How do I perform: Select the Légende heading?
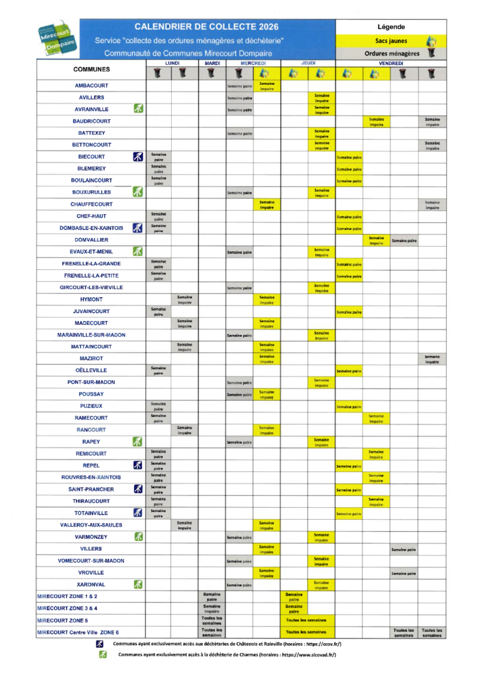(390, 27)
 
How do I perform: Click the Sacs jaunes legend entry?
(390, 40)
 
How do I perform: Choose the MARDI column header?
(212, 63)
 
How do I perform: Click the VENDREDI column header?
(390, 63)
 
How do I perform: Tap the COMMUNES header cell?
(91, 69)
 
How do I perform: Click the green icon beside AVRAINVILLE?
(138, 109)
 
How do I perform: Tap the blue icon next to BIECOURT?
(138, 156)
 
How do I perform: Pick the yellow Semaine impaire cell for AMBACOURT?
(267, 86)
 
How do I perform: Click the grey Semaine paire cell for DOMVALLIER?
(404, 241)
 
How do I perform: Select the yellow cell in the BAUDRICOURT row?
(376, 121)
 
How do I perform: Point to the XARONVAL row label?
(91, 584)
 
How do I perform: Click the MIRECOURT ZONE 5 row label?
(62, 620)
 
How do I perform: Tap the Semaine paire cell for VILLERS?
(404, 549)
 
